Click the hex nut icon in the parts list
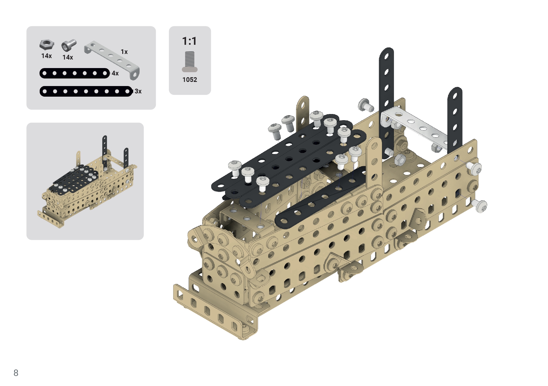click(x=47, y=44)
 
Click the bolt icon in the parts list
click(x=69, y=45)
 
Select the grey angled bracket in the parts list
click(x=112, y=60)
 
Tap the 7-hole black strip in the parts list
click(x=75, y=73)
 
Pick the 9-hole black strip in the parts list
click(x=86, y=91)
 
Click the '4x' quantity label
click(x=115, y=73)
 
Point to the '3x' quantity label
click(x=138, y=91)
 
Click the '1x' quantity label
click(x=124, y=52)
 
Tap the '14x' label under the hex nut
click(x=47, y=56)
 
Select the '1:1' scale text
click(x=189, y=41)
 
